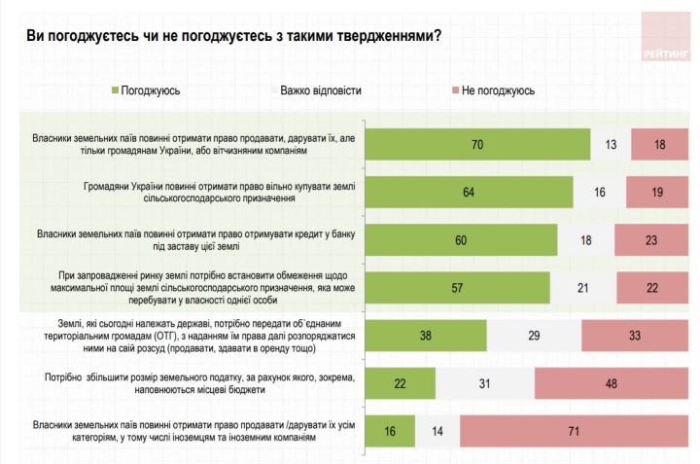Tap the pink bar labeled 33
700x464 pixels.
[636, 335]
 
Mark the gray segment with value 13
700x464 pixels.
[611, 144]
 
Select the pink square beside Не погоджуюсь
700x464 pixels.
[454, 91]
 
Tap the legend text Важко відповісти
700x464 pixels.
[321, 91]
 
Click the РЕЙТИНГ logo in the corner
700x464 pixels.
[665, 38]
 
